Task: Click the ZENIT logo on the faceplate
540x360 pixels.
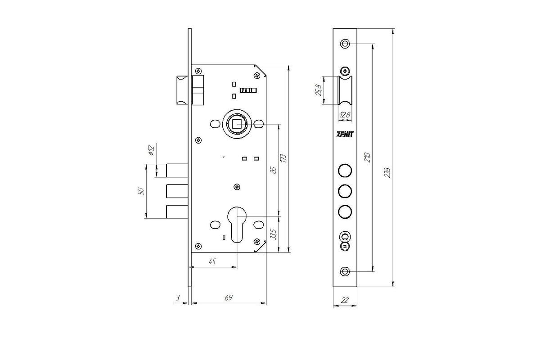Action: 345,134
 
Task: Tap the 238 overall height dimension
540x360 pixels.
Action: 387,173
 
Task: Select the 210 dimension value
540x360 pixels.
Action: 367,157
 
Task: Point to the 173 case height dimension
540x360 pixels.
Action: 283,158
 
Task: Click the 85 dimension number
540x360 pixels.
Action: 274,170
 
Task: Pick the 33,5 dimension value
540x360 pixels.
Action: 273,234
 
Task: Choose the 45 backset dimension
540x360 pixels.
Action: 212,261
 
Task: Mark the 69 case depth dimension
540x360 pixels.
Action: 228,298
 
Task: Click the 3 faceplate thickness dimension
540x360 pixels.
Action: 178,298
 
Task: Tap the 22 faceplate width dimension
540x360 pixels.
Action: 345,300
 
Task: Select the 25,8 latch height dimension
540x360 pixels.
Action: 319,90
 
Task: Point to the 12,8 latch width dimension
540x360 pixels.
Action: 345,115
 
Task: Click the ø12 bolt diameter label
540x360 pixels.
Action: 151,150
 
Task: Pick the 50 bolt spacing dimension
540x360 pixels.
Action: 140,191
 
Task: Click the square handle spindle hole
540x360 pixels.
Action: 237,124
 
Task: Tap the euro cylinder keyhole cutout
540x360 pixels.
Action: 237,225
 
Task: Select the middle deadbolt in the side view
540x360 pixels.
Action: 177,191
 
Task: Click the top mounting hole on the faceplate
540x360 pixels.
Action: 345,44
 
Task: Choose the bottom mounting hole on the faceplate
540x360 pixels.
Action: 345,271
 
